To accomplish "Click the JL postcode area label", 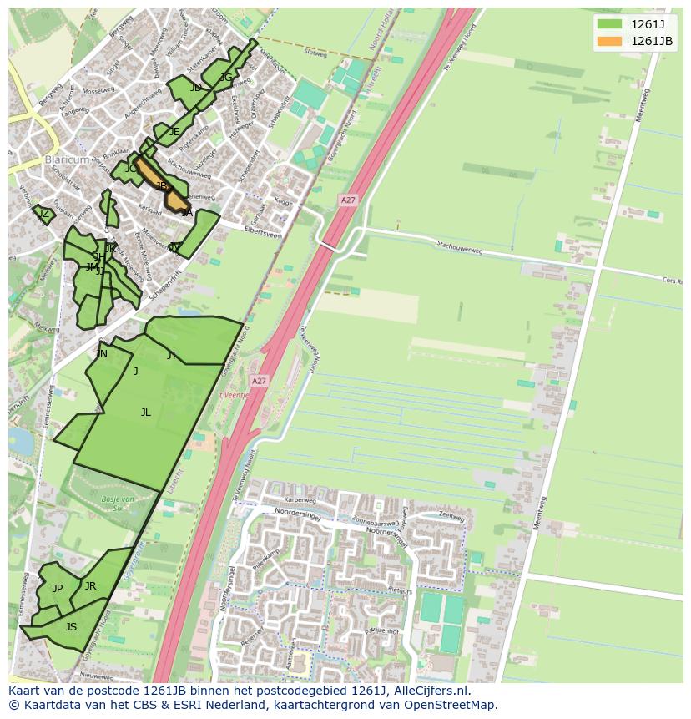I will tap(146, 413).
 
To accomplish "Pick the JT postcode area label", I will tap(172, 356).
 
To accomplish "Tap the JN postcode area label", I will tap(102, 354).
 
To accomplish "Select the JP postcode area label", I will tap(58, 589).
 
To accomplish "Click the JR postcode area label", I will tap(90, 586).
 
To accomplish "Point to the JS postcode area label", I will tap(71, 627).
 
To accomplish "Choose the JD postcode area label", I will tap(195, 88).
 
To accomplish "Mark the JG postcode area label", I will tap(226, 78).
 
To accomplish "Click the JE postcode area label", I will tap(174, 132).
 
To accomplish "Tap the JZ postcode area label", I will tap(44, 214).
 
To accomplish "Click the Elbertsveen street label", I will tap(263, 233).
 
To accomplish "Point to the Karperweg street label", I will tap(300, 500).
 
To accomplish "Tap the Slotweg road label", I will tap(316, 52).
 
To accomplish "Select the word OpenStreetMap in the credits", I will tap(451, 705).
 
